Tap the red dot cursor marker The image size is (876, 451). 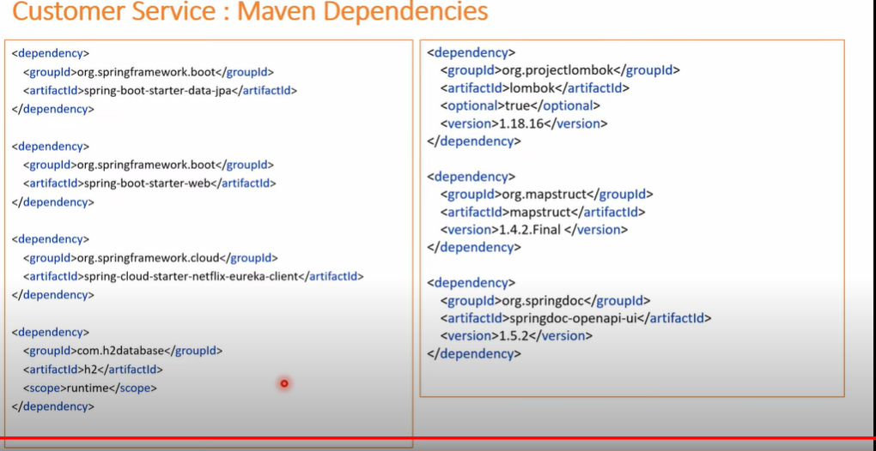(283, 383)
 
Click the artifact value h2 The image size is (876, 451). (87, 370)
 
